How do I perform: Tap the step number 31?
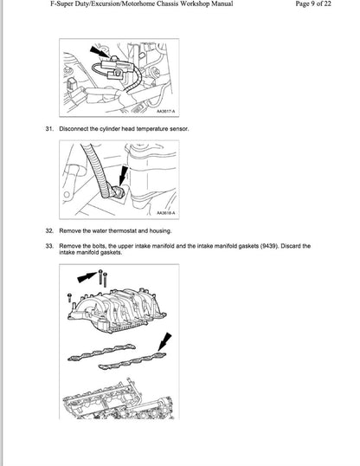point(49,129)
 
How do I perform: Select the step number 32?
point(49,232)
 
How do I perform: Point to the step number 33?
point(49,246)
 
